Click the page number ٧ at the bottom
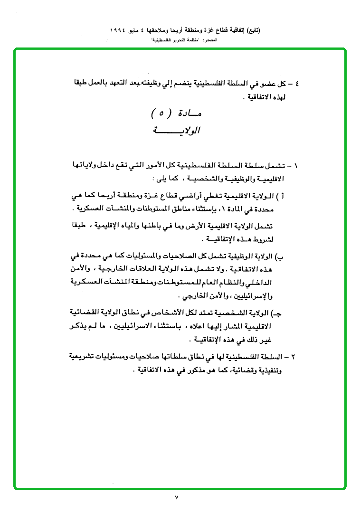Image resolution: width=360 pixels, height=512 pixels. [176, 497]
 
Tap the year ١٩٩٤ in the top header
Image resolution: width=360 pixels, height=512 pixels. [120, 30]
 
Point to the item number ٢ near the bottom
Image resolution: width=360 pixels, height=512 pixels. [297, 356]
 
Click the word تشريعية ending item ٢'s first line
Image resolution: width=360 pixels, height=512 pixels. [84, 356]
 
